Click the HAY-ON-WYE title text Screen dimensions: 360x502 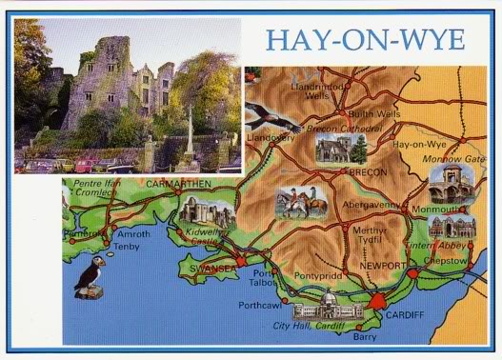tap(365, 39)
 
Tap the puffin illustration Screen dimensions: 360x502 tap(90, 277)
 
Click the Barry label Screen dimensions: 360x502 tap(365, 335)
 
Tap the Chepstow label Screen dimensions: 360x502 tap(445, 258)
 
